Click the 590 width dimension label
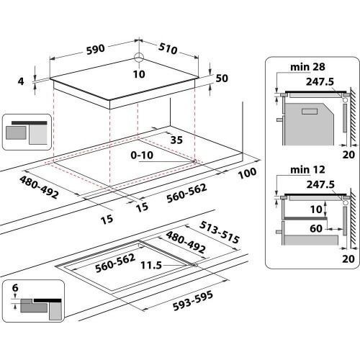point(96,49)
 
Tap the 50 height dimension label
point(221,78)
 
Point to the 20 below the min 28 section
point(348,154)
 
